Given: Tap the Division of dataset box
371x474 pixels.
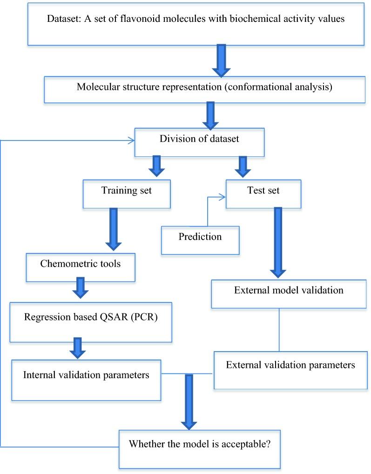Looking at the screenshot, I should [x=199, y=142].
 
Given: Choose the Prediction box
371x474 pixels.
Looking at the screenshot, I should [x=200, y=240].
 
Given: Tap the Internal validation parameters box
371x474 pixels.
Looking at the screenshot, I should [x=87, y=379].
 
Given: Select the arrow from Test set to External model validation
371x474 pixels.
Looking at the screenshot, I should [x=278, y=242].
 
